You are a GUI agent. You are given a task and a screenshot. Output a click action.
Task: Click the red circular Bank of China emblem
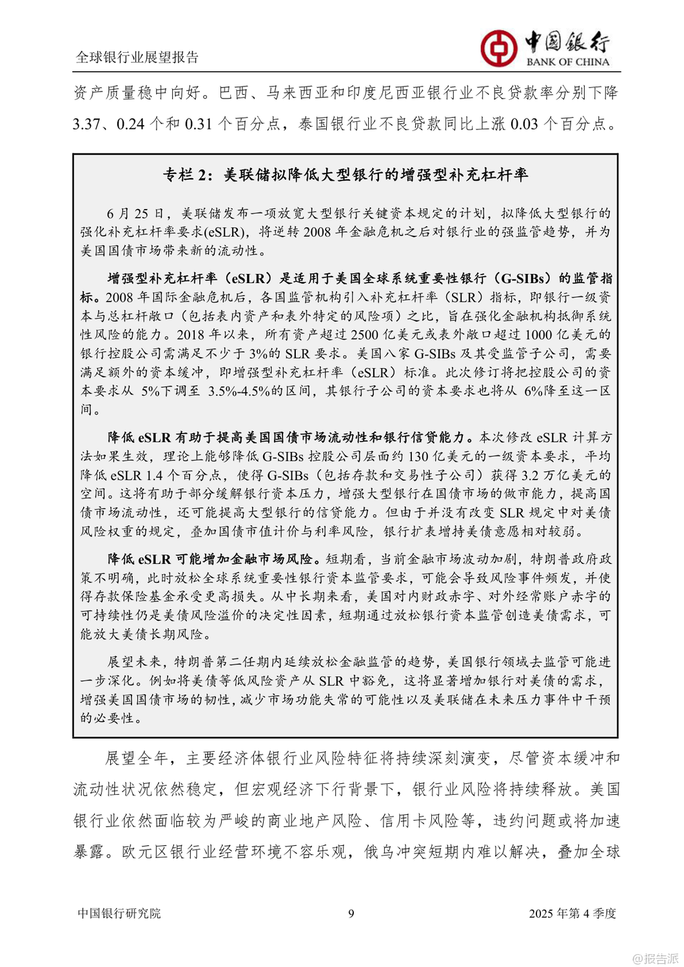(x=498, y=48)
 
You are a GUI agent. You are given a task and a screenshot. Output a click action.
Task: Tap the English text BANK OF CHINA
(x=567, y=62)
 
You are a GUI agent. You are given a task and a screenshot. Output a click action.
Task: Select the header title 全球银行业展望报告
(x=137, y=57)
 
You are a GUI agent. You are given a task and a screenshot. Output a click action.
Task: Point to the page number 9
(x=351, y=913)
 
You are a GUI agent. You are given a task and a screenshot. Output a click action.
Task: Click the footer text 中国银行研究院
(x=119, y=913)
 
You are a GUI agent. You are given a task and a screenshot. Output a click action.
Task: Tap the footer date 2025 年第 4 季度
(x=572, y=913)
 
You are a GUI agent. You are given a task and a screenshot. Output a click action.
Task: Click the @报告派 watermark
(x=655, y=958)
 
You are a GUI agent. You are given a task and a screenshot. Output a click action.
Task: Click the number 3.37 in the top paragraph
(x=86, y=124)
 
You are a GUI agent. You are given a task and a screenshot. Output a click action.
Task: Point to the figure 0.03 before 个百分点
(x=524, y=124)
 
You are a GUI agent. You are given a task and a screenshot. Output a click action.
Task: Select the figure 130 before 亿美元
(x=418, y=456)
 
